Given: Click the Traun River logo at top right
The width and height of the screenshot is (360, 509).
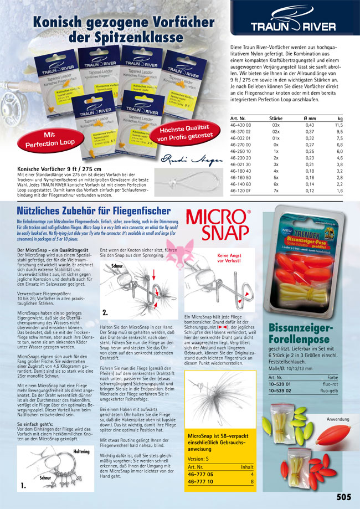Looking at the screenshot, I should pyautogui.click(x=293, y=26).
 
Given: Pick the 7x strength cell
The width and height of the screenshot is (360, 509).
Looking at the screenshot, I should pyautogui.click(x=276, y=190).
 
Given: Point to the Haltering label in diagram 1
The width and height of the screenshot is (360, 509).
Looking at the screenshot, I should pyautogui.click(x=81, y=451).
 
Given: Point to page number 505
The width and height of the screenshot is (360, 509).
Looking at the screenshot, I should pyautogui.click(x=343, y=497).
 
